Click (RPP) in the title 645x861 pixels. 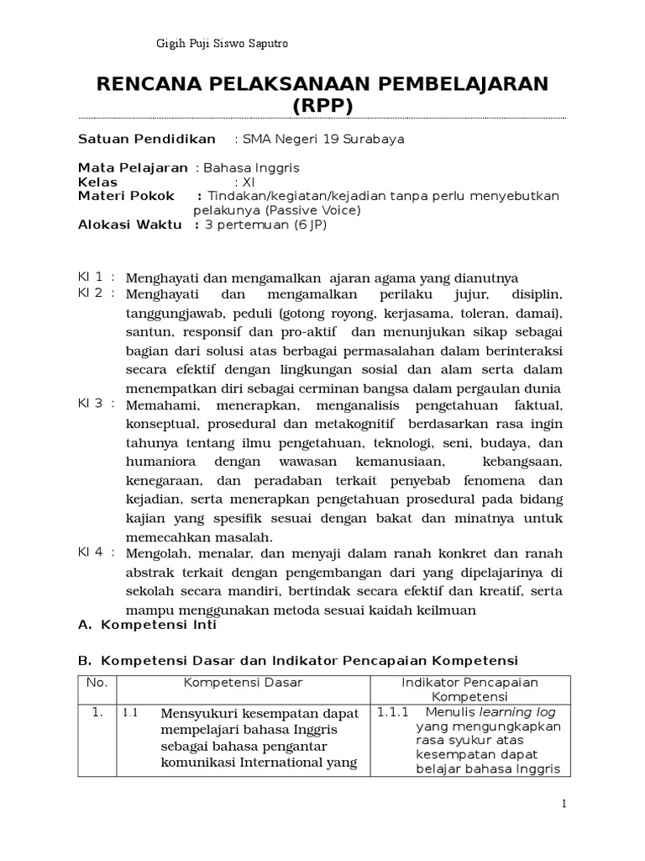(x=322, y=106)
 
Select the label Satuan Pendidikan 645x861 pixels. (x=147, y=139)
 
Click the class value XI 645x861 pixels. (x=248, y=182)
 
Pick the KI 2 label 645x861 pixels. (x=90, y=293)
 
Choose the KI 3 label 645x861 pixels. (x=90, y=404)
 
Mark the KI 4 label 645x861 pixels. (x=90, y=552)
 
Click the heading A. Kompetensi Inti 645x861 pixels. (x=147, y=625)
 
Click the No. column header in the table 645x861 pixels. (x=97, y=682)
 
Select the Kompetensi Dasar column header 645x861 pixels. (x=244, y=682)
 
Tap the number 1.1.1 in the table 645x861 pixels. (x=392, y=711)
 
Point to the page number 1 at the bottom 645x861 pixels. (x=565, y=805)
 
